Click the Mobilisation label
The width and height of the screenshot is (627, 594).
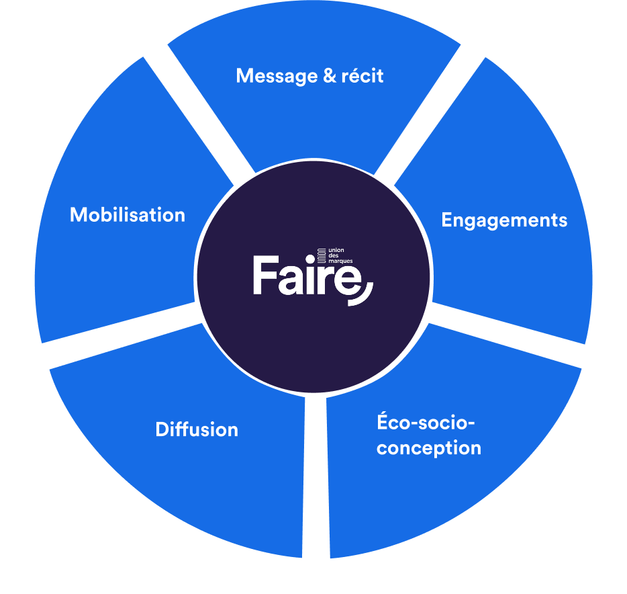(x=128, y=215)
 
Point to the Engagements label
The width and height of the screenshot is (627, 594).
(x=504, y=220)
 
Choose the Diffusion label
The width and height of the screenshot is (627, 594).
(x=197, y=429)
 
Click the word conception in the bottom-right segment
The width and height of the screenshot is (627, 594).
(x=429, y=448)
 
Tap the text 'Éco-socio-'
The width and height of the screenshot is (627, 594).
(x=426, y=423)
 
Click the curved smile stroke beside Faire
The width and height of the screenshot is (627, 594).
(x=363, y=296)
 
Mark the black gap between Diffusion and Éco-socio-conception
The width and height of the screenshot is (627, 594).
(x=316, y=477)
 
